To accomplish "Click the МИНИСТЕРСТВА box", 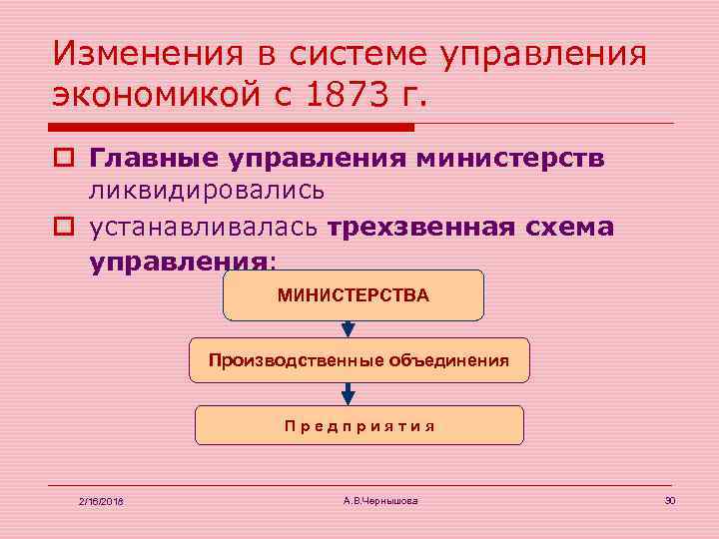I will point(354,295).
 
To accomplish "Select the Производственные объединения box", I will point(359,360).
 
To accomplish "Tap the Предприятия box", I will point(359,425).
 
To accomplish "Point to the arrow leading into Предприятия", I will point(346,394).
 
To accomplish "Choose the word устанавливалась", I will point(204,227).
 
